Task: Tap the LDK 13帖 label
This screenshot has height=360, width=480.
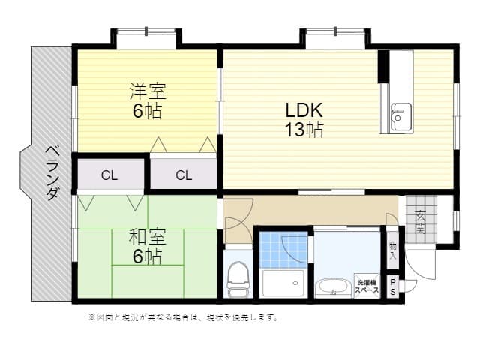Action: [303, 119]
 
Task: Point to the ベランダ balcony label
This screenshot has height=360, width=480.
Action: [52, 172]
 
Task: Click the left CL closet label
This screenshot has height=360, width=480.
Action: [109, 176]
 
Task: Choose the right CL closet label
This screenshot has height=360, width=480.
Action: [184, 176]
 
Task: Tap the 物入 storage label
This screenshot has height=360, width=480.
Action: [393, 250]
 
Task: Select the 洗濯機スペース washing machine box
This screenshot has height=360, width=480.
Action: [367, 286]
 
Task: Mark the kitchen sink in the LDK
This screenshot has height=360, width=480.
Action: [400, 116]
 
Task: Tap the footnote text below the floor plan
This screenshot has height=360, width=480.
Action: [183, 317]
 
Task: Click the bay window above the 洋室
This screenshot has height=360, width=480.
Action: [145, 36]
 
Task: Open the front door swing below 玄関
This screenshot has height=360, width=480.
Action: [420, 262]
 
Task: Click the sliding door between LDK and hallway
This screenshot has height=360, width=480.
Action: [331, 193]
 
